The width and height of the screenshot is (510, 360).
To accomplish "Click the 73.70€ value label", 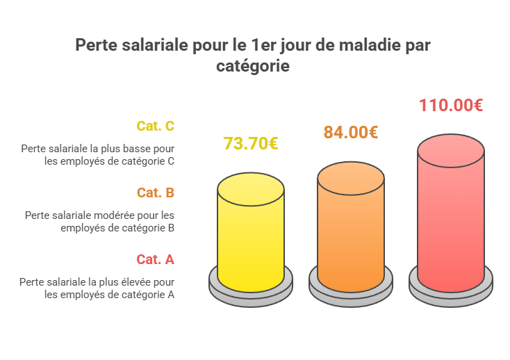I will pyautogui.click(x=251, y=144).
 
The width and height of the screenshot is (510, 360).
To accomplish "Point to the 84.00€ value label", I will pyautogui.click(x=351, y=132).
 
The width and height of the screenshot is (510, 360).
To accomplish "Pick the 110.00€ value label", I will pyautogui.click(x=451, y=106).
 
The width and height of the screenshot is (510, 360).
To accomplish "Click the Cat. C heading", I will pyautogui.click(x=155, y=126).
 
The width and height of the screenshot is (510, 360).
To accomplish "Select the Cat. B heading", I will pyautogui.click(x=155, y=193).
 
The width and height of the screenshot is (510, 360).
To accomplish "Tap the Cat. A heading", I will pyautogui.click(x=155, y=259).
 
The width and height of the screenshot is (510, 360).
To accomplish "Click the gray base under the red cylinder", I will pyautogui.click(x=451, y=289).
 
